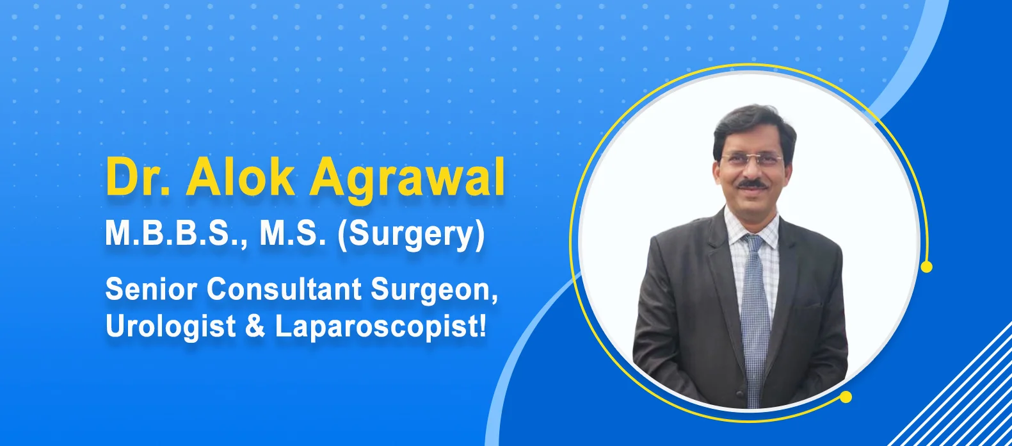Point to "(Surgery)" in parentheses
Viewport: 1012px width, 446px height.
(411, 236)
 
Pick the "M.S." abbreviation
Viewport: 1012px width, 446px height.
(293, 233)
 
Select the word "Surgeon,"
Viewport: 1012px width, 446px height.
(434, 290)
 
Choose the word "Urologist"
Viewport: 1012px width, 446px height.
(170, 327)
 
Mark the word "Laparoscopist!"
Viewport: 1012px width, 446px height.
(380, 327)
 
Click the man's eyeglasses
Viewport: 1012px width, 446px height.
(751, 160)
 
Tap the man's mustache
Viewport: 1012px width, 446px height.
(753, 184)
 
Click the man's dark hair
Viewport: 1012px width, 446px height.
(753, 128)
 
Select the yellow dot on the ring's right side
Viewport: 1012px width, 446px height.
(926, 267)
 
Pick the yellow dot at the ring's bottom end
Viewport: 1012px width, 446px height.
(846, 397)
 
